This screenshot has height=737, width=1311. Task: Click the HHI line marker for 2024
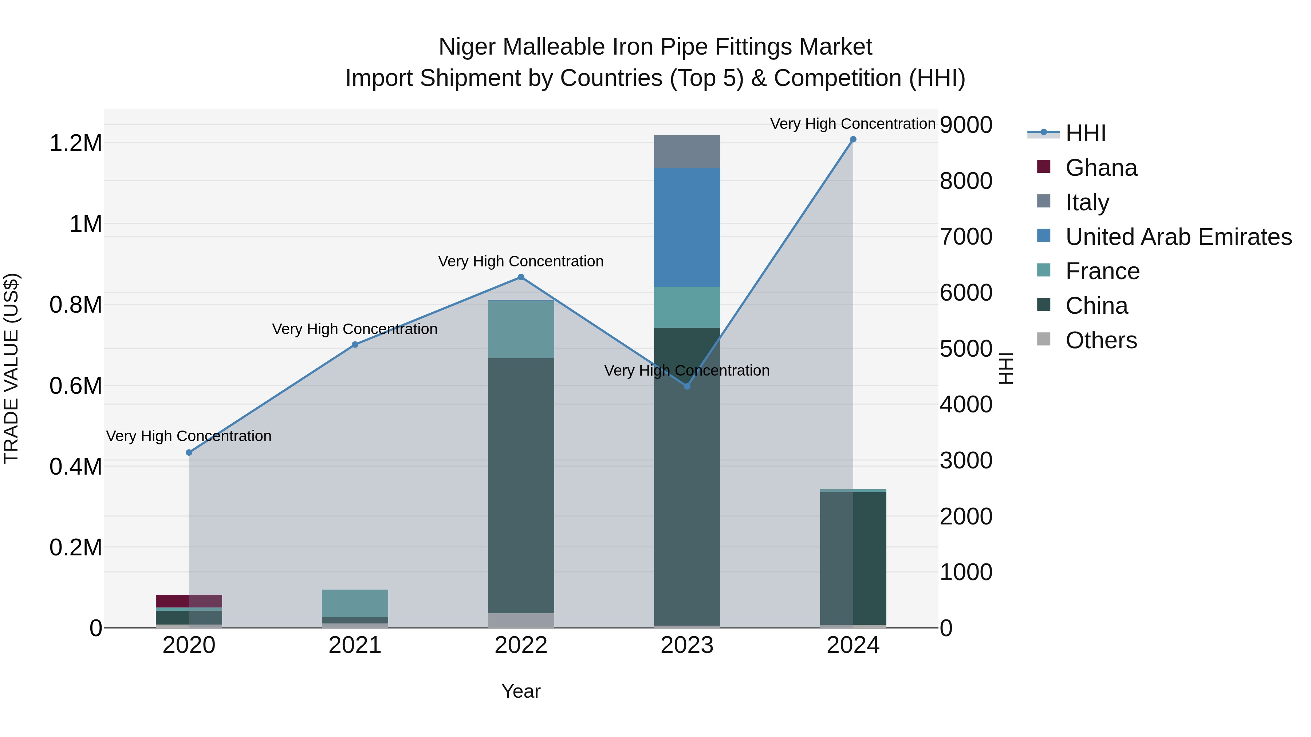pos(853,139)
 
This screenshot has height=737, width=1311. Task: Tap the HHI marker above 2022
pos(521,277)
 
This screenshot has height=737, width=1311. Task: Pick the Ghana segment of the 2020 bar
pos(189,601)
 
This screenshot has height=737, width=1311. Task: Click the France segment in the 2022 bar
pos(521,330)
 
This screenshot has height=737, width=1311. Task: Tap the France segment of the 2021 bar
pos(355,603)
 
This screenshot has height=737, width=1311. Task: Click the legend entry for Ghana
pos(1101,168)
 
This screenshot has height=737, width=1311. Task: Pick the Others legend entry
pos(1101,340)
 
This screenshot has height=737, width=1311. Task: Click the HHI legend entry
pos(1085,133)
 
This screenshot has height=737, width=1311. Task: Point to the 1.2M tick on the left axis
pos(75,143)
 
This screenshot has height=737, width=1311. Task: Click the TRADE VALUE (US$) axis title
pos(11,368)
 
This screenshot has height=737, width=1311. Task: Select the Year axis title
pos(521,691)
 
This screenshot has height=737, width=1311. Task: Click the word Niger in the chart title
pos(467,47)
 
